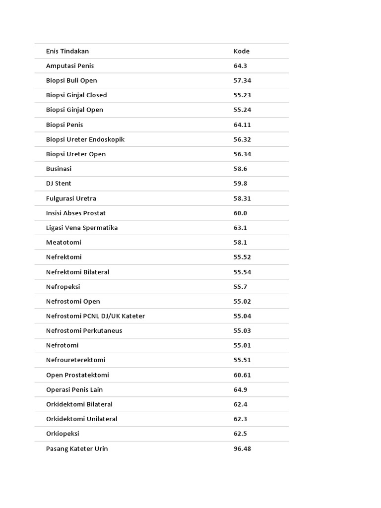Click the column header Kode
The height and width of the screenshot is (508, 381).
242,51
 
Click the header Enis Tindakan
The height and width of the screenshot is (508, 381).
67,51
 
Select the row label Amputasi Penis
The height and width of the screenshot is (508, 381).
70,65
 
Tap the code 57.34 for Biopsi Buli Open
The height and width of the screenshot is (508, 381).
243,80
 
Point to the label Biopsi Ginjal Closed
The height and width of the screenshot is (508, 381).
76,95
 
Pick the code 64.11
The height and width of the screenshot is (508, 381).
243,125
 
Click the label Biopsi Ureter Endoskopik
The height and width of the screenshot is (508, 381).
85,139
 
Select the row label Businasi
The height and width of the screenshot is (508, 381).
59,169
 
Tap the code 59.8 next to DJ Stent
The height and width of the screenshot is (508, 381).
241,183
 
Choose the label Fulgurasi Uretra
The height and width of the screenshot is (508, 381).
71,198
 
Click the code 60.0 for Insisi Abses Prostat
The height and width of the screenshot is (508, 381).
241,213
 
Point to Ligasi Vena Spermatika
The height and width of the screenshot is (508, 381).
82,228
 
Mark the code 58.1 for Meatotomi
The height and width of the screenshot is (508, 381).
241,242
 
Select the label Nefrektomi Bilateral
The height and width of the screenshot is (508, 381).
78,272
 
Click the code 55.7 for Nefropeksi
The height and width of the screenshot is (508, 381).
241,287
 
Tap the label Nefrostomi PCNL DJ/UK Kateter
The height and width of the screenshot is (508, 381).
96,316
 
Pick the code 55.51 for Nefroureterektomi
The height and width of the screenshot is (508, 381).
243,360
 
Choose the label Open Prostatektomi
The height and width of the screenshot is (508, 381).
77,375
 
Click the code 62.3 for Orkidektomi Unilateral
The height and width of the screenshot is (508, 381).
241,419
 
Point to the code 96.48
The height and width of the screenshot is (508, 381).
243,448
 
